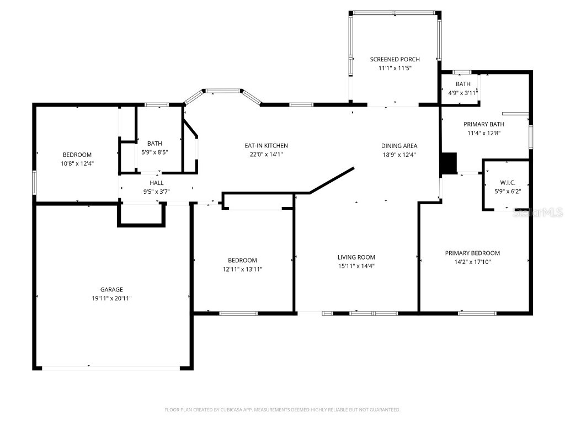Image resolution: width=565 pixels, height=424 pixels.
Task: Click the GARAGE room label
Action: tap(111, 289)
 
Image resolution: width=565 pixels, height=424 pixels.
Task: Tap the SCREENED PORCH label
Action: tap(395, 59)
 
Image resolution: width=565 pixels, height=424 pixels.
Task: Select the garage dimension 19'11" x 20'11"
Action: tap(111, 298)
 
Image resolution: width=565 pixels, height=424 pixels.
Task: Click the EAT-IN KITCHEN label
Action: tap(266, 146)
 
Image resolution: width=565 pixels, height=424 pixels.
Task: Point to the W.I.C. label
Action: tap(507, 182)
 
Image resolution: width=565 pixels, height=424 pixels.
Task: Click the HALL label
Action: tap(156, 183)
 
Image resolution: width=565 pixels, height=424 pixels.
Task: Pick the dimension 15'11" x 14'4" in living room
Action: tap(356, 266)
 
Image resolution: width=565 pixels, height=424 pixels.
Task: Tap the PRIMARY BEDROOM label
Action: tap(472, 253)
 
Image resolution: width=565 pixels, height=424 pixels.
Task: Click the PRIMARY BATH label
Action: tap(483, 124)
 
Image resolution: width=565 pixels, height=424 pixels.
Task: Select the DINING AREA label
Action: tap(399, 146)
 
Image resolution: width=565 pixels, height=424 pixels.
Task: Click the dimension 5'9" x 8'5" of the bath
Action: tap(154, 152)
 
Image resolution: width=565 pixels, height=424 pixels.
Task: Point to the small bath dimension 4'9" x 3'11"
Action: tap(462, 93)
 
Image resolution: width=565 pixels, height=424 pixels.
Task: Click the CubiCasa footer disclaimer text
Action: tap(282, 410)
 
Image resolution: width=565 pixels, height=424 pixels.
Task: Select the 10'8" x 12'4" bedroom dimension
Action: tap(77, 163)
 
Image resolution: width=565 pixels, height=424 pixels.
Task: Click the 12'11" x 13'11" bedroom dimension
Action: tap(242, 269)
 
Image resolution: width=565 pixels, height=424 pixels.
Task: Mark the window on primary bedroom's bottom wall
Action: tap(477, 314)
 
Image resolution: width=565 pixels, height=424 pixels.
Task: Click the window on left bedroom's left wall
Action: tap(35, 182)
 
